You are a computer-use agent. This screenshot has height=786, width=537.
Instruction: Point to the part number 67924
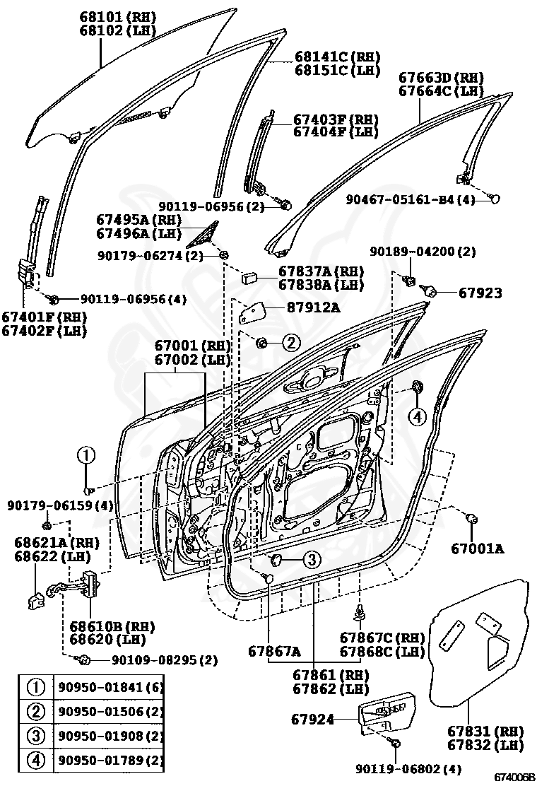312,720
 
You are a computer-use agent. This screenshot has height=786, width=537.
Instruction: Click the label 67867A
273,650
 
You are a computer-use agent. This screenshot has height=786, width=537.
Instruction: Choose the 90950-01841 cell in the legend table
110,687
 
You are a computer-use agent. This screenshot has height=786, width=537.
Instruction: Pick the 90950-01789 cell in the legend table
110,761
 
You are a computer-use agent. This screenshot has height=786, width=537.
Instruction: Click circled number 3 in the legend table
35,736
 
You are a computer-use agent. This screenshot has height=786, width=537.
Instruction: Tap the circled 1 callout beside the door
85,456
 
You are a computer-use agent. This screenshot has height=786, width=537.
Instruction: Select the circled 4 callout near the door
418,416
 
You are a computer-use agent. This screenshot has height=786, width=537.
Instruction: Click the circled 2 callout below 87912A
291,343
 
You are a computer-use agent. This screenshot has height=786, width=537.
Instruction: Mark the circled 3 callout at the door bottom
312,560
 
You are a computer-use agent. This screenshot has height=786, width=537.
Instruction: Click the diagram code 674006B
514,778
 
